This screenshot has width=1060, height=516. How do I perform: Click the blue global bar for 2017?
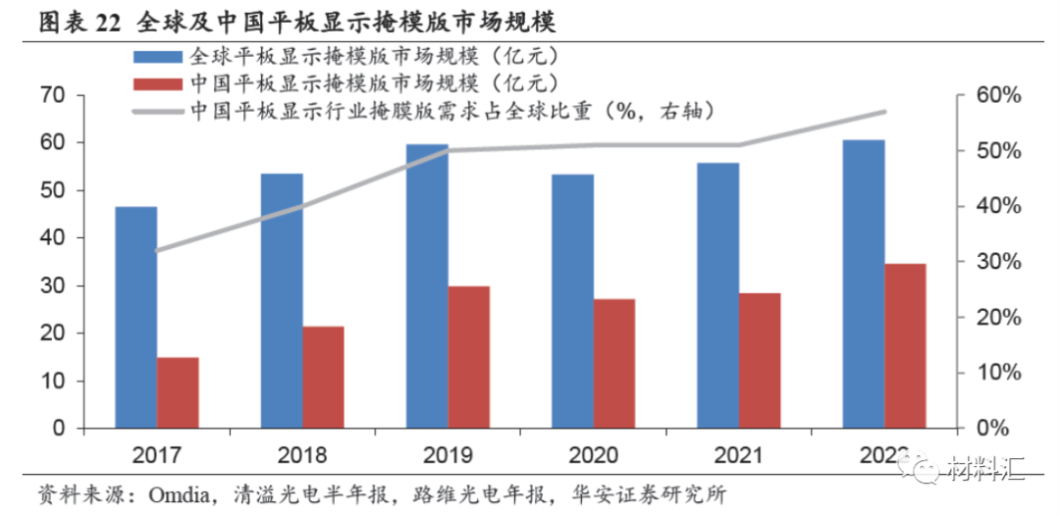[x=135, y=318]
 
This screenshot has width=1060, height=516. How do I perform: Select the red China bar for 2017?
[x=178, y=392]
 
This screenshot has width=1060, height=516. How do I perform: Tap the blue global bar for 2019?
[x=427, y=286]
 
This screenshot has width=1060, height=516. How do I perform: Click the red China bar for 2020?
[x=614, y=363]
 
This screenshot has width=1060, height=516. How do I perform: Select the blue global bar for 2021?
[x=718, y=295]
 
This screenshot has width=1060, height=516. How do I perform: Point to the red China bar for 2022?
[x=905, y=345]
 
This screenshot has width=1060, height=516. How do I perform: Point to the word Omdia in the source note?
[x=155, y=490]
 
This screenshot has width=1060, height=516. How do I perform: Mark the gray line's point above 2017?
[x=157, y=250]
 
